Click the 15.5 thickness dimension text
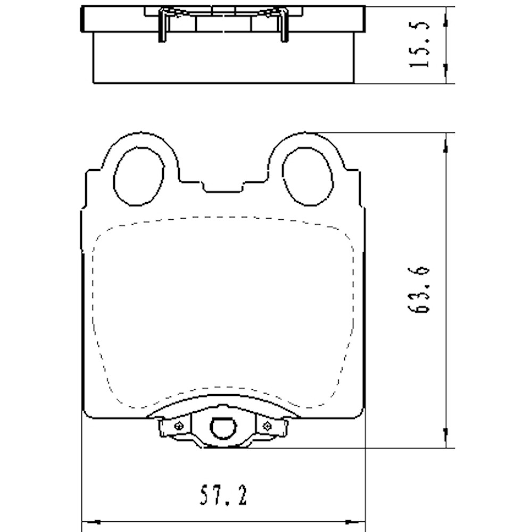(x=419, y=45)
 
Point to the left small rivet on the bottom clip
(x=179, y=425)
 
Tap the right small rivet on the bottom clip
(x=267, y=425)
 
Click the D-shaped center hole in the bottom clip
(x=223, y=428)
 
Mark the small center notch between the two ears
(x=223, y=187)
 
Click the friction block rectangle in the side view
(x=223, y=59)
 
